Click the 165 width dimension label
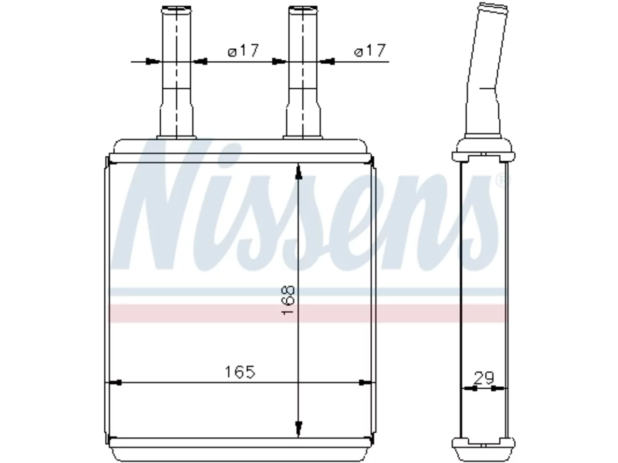pos(240,372)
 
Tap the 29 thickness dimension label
pos(484,378)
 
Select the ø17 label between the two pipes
pos(243,51)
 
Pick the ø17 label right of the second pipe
pos(369,51)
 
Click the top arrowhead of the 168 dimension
pos(298,172)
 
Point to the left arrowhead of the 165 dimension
pos(115,382)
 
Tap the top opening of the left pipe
pos(177,8)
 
